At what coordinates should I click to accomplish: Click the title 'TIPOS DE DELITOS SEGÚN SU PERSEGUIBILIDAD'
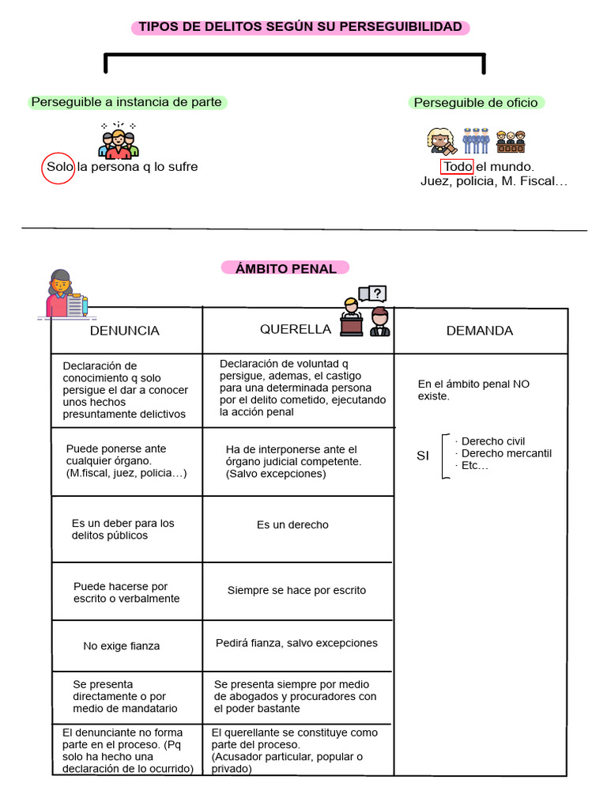pos(300,28)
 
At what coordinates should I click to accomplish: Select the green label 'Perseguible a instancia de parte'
pos(126,102)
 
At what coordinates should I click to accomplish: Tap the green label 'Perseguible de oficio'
pos(476,103)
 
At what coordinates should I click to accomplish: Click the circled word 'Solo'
pos(58,167)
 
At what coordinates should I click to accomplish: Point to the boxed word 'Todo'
pos(457,167)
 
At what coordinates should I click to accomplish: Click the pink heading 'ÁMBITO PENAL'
pos(285,268)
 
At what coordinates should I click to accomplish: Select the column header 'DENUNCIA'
pos(124,331)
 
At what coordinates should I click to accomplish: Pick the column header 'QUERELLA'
pos(295,329)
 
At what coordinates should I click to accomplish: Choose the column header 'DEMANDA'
pos(479,331)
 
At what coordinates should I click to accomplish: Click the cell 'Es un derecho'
pos(292,525)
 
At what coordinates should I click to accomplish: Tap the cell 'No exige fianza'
pos(122,646)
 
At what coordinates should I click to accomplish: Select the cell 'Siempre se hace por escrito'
pos(296,590)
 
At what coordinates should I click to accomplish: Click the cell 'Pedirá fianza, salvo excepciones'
pos(296,643)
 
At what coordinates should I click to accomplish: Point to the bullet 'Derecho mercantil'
pos(506,453)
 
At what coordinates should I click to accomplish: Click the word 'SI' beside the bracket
pos(423,456)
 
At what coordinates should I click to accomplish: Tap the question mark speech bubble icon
pos(374,293)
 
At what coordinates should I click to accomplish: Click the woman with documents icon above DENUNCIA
pos(66,294)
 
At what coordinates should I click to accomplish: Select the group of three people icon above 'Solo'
pos(119,141)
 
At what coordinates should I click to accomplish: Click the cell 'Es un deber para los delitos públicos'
pos(123,529)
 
